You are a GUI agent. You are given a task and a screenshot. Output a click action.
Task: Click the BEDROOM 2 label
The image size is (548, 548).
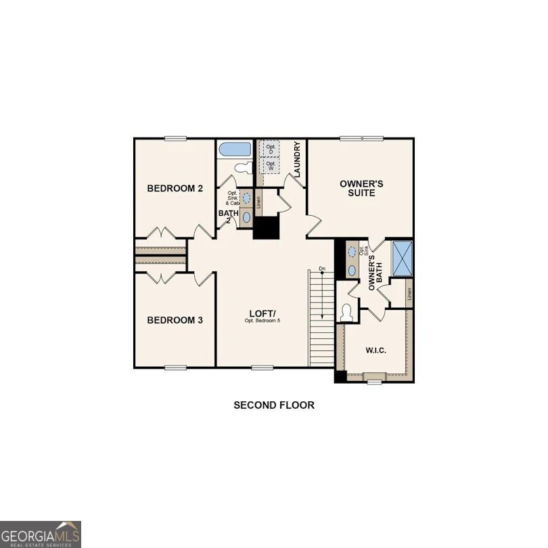(x=175, y=189)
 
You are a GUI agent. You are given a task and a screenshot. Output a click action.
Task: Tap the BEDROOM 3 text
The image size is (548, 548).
(x=175, y=320)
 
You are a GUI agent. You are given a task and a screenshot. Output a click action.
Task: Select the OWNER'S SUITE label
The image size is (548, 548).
(x=361, y=188)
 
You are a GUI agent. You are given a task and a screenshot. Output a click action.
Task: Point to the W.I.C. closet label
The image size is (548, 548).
(x=375, y=350)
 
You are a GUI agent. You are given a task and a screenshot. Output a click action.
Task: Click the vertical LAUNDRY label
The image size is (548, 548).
(x=297, y=158)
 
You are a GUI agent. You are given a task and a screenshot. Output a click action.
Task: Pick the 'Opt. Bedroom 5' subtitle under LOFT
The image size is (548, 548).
(x=262, y=320)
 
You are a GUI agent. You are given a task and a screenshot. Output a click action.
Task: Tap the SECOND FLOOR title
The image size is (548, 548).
(x=274, y=405)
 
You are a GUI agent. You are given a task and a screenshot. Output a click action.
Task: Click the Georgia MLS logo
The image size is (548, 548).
(x=41, y=534)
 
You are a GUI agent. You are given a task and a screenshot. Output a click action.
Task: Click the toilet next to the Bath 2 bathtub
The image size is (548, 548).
(x=242, y=167)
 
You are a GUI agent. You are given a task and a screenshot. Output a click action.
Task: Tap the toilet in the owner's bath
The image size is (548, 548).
(x=347, y=312)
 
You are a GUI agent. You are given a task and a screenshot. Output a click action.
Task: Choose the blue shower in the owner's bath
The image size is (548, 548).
(x=403, y=258)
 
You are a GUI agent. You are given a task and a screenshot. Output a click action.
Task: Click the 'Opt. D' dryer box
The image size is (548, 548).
(x=271, y=149)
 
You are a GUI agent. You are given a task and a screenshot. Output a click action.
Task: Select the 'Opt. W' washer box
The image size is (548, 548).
(x=271, y=165)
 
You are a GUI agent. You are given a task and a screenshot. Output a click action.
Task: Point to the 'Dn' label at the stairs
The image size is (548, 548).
(x=323, y=270)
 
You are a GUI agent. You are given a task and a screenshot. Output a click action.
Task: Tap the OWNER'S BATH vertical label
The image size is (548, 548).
(x=375, y=271)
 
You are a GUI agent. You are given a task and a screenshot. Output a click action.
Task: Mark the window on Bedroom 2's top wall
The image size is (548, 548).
(x=175, y=139)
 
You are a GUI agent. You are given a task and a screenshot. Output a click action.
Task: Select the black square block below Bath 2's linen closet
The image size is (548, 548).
(x=267, y=227)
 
